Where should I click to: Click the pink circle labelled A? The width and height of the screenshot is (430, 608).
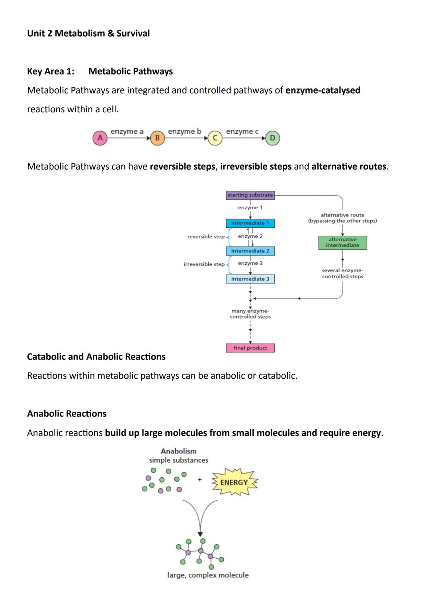pyautogui.click(x=100, y=138)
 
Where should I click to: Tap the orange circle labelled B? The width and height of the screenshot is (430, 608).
pyautogui.click(x=157, y=138)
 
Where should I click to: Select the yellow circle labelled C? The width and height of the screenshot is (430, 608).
pyautogui.click(x=215, y=138)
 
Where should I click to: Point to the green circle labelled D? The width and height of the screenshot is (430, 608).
pyautogui.click(x=272, y=138)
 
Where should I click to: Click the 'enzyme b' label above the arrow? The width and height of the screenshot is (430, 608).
pyautogui.click(x=184, y=131)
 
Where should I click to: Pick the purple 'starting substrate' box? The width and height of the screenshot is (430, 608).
pyautogui.click(x=250, y=195)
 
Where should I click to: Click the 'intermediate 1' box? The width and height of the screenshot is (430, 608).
pyautogui.click(x=250, y=223)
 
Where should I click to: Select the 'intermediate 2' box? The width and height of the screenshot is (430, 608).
pyautogui.click(x=250, y=251)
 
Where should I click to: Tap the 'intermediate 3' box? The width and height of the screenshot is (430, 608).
pyautogui.click(x=250, y=279)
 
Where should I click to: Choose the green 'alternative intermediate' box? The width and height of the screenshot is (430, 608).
pyautogui.click(x=342, y=242)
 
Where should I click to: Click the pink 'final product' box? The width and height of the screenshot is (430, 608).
pyautogui.click(x=250, y=348)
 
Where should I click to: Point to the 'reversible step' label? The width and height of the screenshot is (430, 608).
pyautogui.click(x=206, y=237)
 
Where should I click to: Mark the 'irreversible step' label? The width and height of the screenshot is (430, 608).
pyautogui.click(x=204, y=264)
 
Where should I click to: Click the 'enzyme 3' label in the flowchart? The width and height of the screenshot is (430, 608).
pyautogui.click(x=250, y=263)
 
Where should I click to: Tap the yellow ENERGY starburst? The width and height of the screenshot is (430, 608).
pyautogui.click(x=234, y=483)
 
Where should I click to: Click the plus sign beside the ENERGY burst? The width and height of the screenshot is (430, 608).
pyautogui.click(x=200, y=480)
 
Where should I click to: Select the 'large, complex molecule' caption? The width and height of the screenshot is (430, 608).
pyautogui.click(x=208, y=575)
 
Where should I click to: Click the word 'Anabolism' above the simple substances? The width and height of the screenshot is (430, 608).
pyautogui.click(x=178, y=451)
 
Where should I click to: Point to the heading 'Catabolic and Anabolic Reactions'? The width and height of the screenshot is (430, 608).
pyautogui.click(x=96, y=357)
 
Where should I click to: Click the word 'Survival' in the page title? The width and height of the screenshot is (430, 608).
pyautogui.click(x=133, y=33)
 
